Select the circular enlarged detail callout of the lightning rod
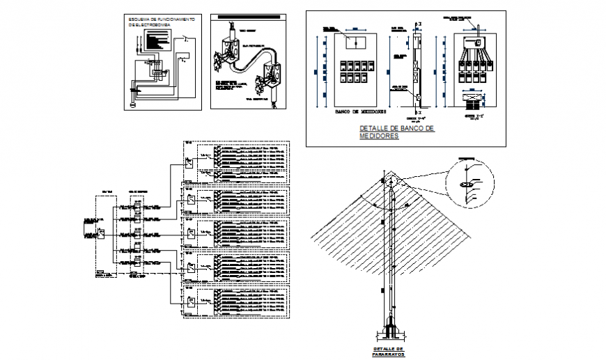point(467,182)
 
